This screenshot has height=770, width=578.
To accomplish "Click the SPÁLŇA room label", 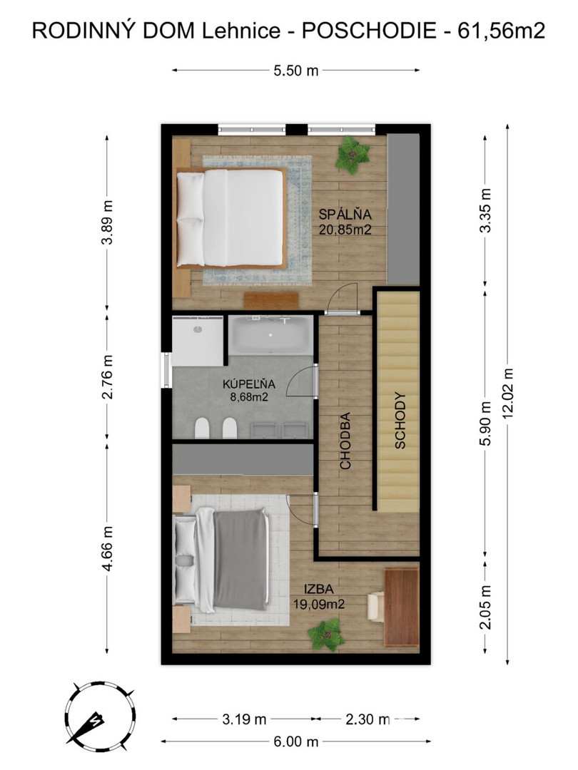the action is [x=345, y=215].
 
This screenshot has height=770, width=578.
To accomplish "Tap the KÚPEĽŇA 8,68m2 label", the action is [x=249, y=391].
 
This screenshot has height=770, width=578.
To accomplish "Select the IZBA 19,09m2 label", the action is [x=318, y=596].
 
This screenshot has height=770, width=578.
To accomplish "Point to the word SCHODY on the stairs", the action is [x=400, y=421].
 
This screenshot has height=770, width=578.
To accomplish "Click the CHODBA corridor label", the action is [x=345, y=441].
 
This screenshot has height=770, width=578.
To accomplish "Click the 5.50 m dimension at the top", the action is [x=296, y=71].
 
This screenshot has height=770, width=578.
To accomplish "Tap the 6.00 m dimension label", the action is [x=296, y=741].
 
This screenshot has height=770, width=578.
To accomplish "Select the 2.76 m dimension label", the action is [x=108, y=376].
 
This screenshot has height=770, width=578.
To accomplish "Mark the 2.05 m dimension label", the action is [x=485, y=607].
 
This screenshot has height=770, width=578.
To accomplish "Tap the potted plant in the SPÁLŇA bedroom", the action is [x=353, y=155].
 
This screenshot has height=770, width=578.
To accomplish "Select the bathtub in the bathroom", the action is [x=271, y=335].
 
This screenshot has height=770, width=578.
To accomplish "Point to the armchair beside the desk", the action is [x=376, y=607].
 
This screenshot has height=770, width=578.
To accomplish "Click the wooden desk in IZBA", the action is [x=401, y=607].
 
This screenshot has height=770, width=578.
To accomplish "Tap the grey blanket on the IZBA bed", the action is [x=241, y=560].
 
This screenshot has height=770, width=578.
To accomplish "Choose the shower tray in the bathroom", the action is [x=198, y=341].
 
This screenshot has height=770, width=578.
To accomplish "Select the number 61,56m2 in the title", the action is [x=502, y=31].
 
